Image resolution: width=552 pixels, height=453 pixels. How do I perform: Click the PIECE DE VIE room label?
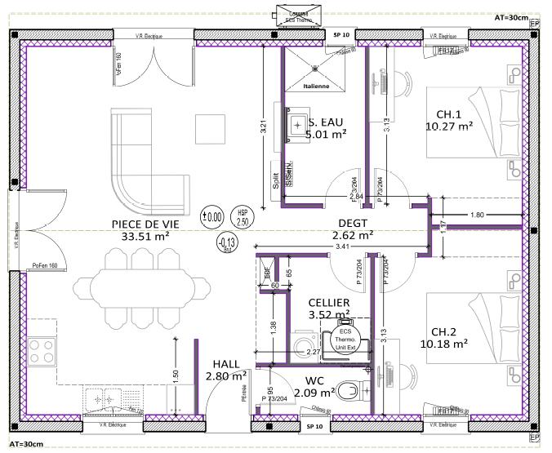click(145, 223)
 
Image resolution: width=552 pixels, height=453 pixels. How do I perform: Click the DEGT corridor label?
click(354, 222)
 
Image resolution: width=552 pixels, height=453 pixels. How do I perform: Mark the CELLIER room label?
click(329, 302)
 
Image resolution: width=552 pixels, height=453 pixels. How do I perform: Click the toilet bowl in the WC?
click(349, 389)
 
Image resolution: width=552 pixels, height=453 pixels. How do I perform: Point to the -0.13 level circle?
click(226, 242)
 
